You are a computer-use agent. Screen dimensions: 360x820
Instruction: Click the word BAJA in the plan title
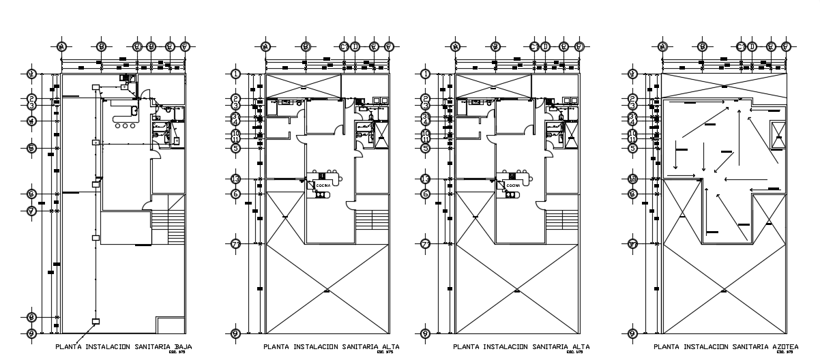184,346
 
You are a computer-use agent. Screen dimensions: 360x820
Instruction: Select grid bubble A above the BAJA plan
62,47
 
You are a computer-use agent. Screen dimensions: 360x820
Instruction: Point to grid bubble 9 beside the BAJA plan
31,333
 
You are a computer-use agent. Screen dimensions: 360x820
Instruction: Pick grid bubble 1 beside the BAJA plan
31,74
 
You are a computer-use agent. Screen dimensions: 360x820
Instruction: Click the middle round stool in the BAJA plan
126,126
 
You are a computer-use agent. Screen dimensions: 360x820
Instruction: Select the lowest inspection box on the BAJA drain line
96,321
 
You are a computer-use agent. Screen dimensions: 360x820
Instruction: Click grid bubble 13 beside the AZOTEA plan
632,179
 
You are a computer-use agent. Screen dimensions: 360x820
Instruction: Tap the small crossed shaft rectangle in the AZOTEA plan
777,135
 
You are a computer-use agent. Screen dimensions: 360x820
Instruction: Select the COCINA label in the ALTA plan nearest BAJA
321,185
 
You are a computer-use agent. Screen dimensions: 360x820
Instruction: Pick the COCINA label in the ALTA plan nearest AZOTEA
511,185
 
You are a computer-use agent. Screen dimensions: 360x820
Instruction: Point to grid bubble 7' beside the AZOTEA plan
632,243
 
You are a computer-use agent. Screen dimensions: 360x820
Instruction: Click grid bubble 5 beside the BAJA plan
31,148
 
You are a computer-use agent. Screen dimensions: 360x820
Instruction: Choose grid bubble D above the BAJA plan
151,47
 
